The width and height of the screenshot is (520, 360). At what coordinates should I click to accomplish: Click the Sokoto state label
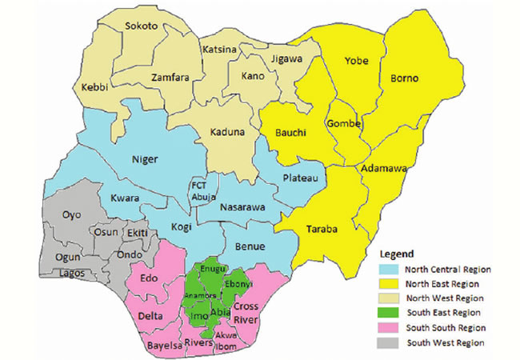[141, 26]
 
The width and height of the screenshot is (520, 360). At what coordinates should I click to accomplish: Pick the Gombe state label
[345, 123]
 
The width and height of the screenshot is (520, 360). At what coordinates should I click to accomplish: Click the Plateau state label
[302, 177]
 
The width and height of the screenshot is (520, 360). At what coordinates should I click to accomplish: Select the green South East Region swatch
[390, 313]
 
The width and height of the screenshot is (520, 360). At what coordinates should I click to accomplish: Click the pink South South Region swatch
[390, 327]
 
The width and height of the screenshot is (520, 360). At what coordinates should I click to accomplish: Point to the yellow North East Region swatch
[390, 283]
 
